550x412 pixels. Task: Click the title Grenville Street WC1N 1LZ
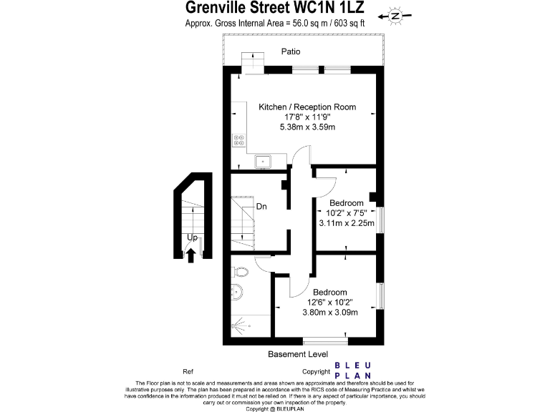pyautogui.click(x=276, y=8)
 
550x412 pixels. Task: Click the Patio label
pyautogui.click(x=291, y=51)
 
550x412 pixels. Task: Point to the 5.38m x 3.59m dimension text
pyautogui.click(x=307, y=127)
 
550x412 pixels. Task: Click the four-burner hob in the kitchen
pyautogui.click(x=239, y=141)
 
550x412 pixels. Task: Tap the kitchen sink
pyautogui.click(x=263, y=161)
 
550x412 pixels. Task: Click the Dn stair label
pyautogui.click(x=261, y=207)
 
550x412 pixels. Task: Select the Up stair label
pyautogui.click(x=192, y=237)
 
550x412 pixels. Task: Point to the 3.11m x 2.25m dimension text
pyautogui.click(x=347, y=222)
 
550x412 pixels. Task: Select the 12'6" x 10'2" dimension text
pyautogui.click(x=329, y=302)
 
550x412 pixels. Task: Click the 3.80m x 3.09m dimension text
pyautogui.click(x=329, y=312)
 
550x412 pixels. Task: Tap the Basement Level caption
pyautogui.click(x=298, y=354)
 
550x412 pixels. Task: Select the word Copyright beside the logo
pyautogui.click(x=316, y=371)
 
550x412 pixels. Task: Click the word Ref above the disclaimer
pyautogui.click(x=188, y=371)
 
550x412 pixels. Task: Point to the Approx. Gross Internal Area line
pyautogui.click(x=275, y=23)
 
